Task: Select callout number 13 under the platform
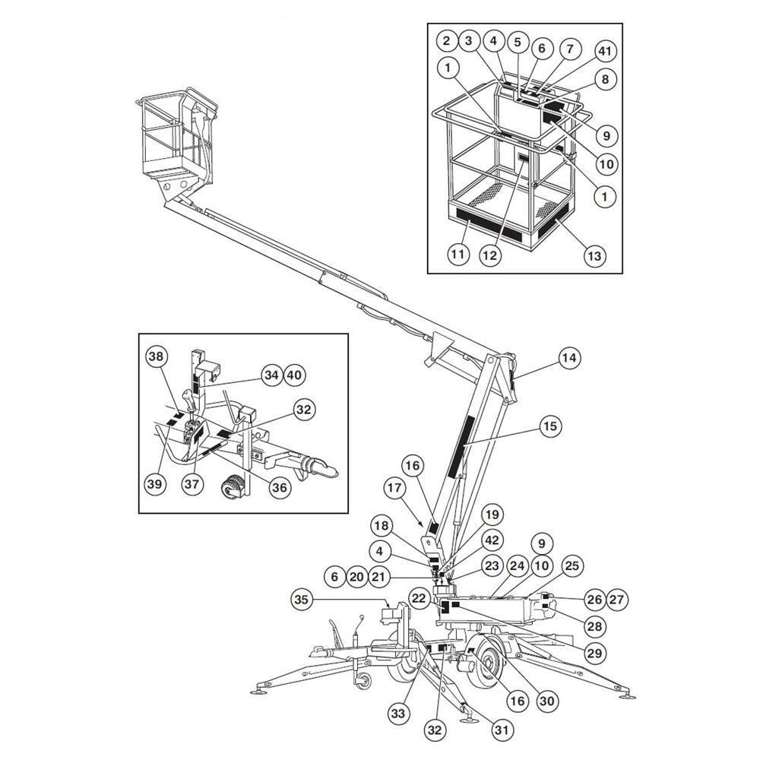(594, 255)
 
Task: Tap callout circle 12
(490, 255)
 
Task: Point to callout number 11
(458, 255)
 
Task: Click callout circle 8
(605, 80)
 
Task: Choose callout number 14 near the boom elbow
(569, 358)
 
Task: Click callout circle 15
(550, 426)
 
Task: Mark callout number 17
(394, 487)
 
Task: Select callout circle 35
(302, 600)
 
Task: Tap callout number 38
(157, 356)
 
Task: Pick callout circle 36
(280, 487)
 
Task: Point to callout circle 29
(594, 653)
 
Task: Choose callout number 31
(502, 729)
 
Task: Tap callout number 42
(492, 540)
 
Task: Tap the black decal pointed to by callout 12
(523, 157)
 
